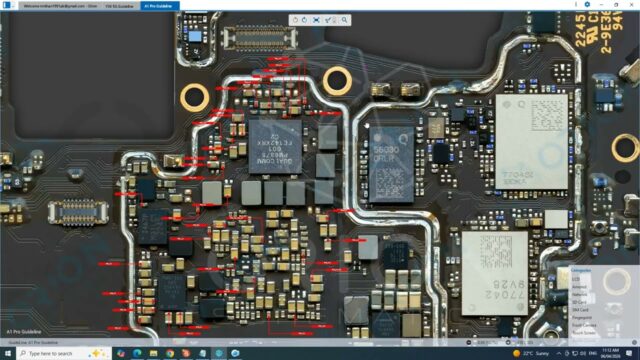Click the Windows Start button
tap(7, 353)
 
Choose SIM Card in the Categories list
tap(582, 310)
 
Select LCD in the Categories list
tap(577, 279)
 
